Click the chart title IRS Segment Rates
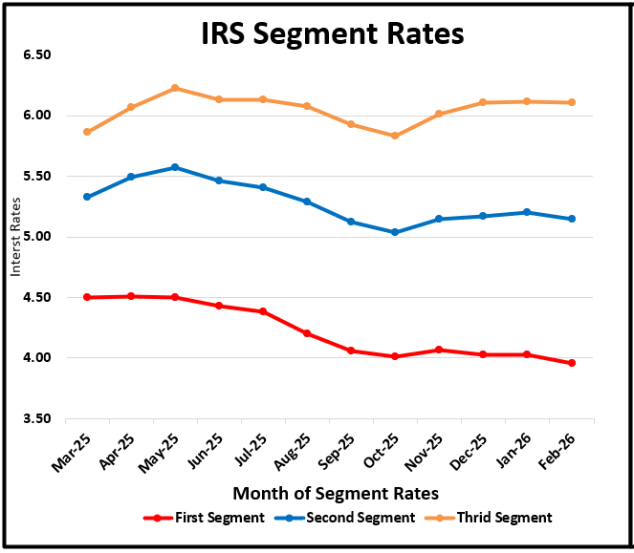click(332, 33)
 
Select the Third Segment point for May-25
click(175, 88)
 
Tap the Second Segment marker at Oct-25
click(395, 232)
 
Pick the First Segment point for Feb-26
click(572, 363)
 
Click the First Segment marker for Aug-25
click(307, 333)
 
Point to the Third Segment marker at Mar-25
click(87, 132)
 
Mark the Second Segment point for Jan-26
click(528, 212)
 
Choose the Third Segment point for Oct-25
click(395, 136)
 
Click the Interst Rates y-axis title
click(15, 237)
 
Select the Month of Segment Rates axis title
click(336, 493)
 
